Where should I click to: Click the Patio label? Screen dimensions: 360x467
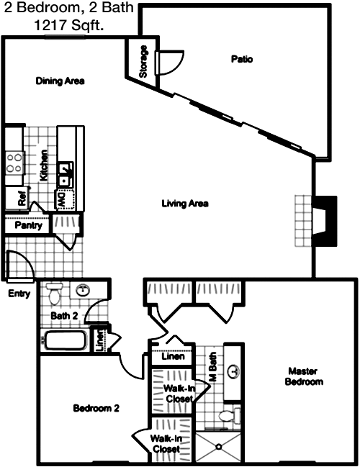[242, 59]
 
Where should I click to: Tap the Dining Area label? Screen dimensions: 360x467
[60, 81]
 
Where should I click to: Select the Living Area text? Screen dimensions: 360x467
[185, 204]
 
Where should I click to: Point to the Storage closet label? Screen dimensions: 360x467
[143, 61]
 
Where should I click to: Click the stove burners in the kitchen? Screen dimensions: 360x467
[14, 163]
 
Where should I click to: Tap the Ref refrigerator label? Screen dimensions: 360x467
[22, 198]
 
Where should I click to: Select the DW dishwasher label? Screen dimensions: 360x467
[61, 200]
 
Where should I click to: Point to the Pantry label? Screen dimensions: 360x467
[28, 225]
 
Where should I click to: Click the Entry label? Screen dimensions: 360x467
[19, 294]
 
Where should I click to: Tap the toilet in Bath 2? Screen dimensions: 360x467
[54, 294]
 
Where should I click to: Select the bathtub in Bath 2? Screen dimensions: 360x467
[66, 341]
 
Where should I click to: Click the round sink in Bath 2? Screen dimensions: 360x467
[83, 290]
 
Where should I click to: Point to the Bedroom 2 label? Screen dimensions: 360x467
[96, 408]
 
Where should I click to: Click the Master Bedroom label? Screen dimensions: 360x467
[304, 376]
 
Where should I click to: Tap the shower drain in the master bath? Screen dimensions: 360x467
[219, 447]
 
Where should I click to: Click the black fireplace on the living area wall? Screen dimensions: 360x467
[325, 221]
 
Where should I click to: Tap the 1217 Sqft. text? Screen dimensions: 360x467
[69, 25]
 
